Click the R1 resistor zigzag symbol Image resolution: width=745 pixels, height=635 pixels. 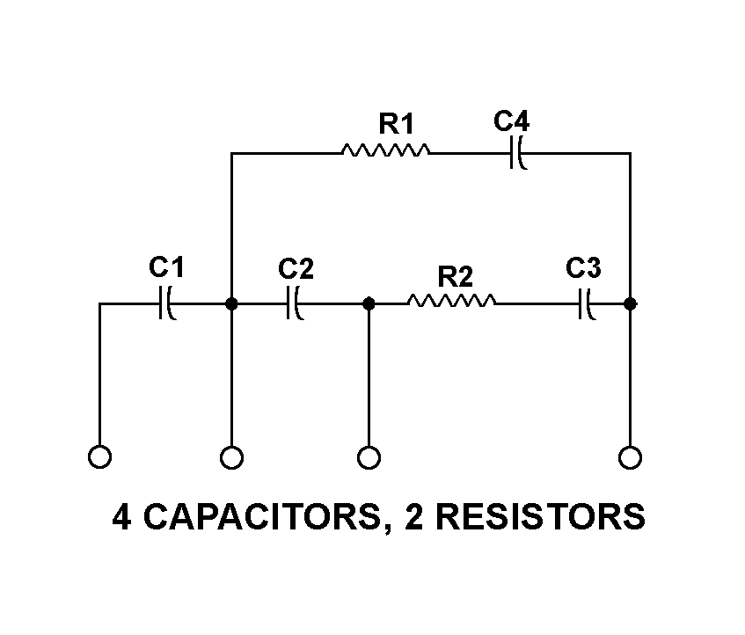click(385, 152)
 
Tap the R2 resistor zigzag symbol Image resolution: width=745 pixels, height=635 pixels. click(451, 303)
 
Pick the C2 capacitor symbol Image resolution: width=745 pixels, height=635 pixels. click(296, 303)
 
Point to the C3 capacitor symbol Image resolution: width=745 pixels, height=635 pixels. click(585, 303)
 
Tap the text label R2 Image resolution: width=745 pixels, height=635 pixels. click(455, 276)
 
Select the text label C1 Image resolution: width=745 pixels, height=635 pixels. click(166, 266)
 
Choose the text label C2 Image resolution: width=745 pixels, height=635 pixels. click(296, 268)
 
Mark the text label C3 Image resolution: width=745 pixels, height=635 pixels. click(583, 267)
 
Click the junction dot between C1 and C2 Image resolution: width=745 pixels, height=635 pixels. click(231, 303)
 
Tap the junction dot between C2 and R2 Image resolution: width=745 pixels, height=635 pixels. click(369, 303)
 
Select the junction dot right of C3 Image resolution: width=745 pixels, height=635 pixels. click(630, 303)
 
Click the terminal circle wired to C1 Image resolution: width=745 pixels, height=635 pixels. click(100, 457)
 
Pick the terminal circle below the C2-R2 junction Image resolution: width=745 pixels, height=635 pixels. click(369, 457)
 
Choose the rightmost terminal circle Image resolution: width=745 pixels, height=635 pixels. click(630, 457)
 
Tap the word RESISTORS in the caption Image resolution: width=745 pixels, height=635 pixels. click(540, 517)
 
